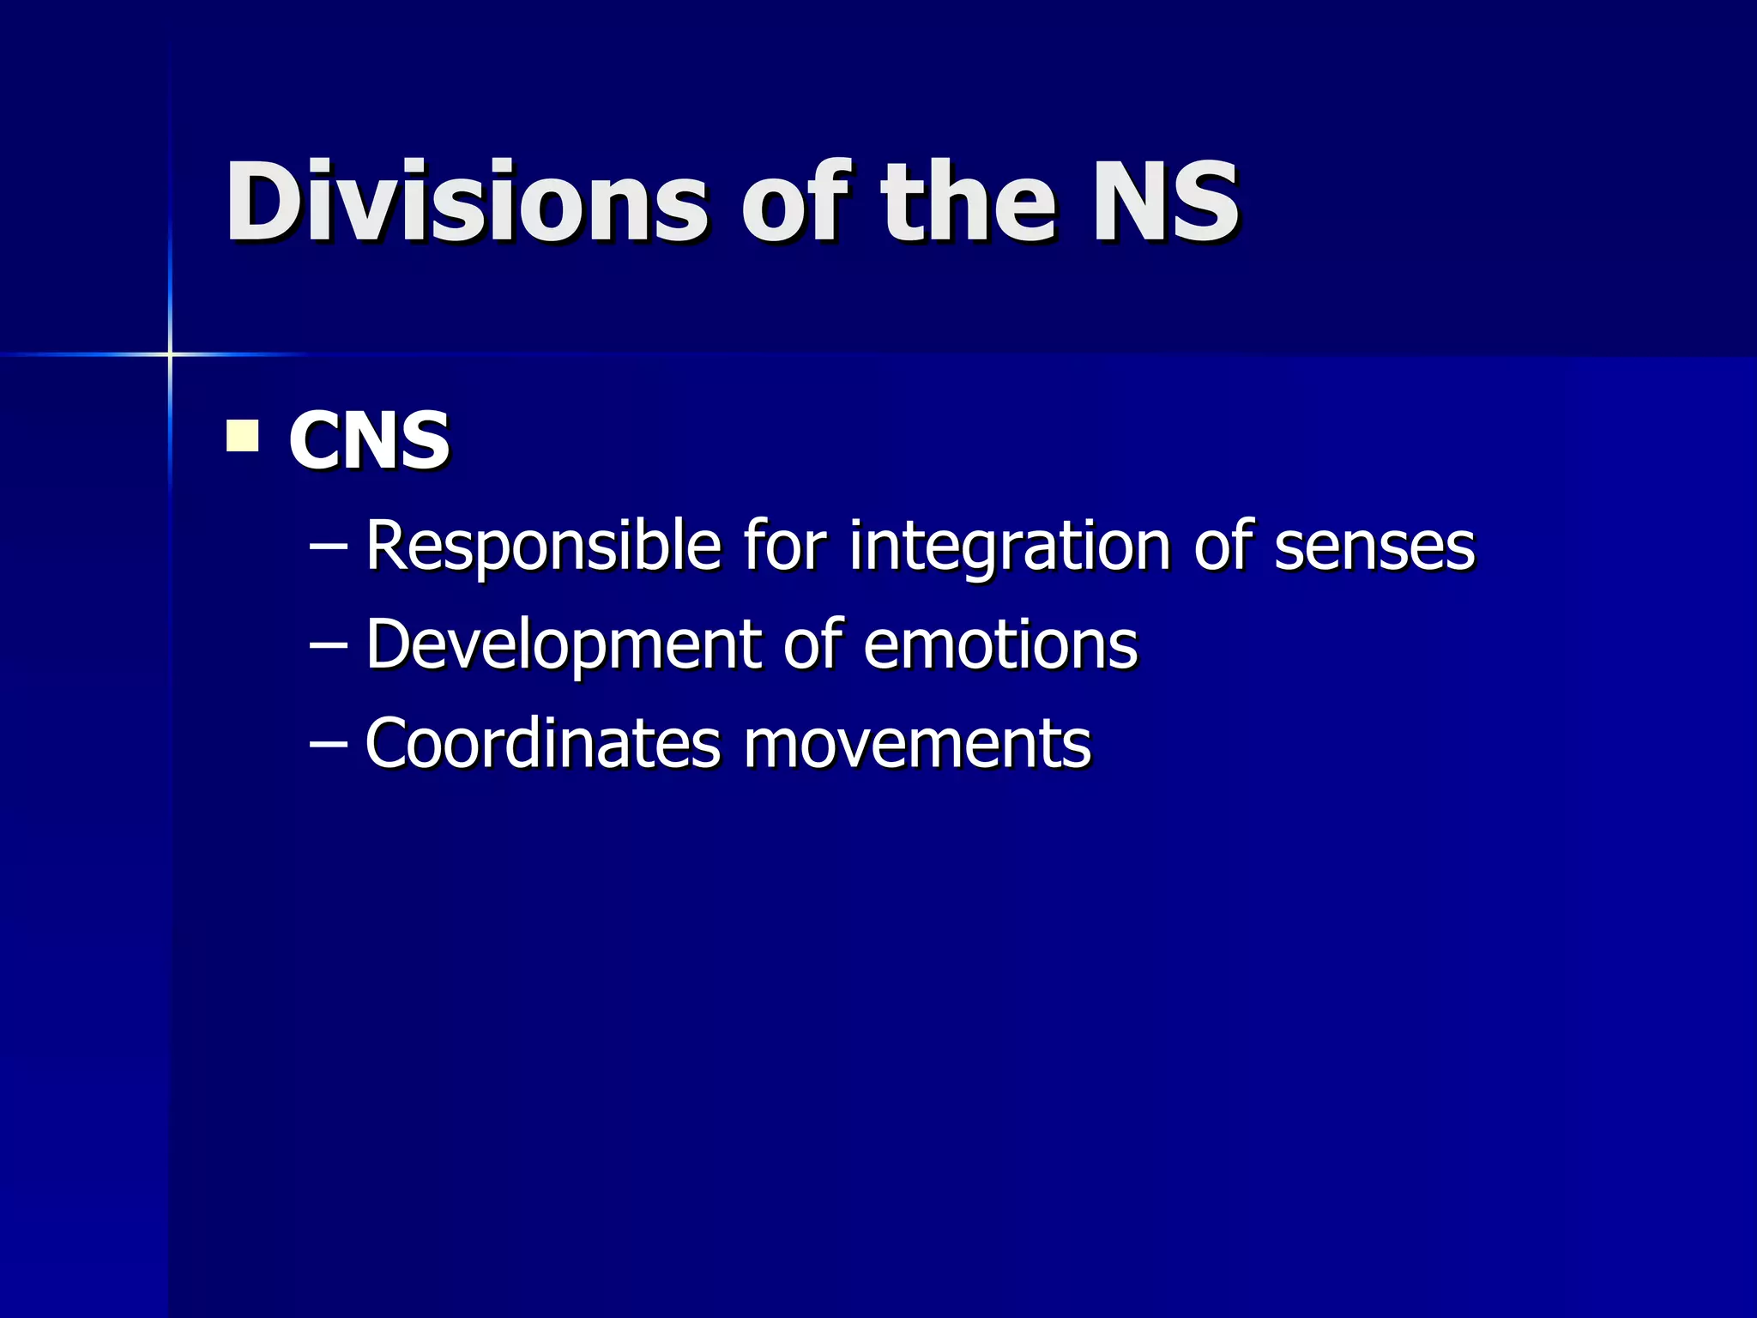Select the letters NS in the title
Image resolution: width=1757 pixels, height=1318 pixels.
(x=1165, y=203)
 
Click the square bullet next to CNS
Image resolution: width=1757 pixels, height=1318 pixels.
(x=243, y=435)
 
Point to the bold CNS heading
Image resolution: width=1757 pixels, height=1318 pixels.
(x=369, y=440)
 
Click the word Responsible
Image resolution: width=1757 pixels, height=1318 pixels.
(x=543, y=546)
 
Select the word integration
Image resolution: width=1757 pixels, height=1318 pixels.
(x=1010, y=546)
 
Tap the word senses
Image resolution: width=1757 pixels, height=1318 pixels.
(x=1374, y=546)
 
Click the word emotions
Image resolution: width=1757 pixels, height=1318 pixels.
(x=1000, y=644)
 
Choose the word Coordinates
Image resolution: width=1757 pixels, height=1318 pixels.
(x=542, y=743)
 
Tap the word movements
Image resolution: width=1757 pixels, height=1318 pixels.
(x=917, y=743)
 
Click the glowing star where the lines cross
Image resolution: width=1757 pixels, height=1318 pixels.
(x=170, y=354)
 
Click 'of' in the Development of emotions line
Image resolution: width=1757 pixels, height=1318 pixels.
(x=810, y=644)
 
